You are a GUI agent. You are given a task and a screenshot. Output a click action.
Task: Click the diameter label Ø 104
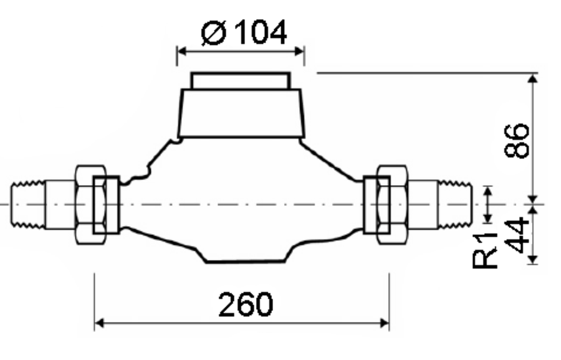click(x=244, y=32)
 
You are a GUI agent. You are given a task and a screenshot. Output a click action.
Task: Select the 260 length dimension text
click(x=246, y=305)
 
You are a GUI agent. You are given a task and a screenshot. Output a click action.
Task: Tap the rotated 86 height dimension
click(x=516, y=141)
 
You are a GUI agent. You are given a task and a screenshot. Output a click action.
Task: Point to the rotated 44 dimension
click(x=516, y=235)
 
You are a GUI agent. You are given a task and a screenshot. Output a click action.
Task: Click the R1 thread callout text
click(x=485, y=250)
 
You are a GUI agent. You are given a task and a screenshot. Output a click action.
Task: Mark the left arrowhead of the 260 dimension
click(x=99, y=323)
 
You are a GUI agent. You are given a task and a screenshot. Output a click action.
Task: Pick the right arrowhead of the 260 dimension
click(x=384, y=323)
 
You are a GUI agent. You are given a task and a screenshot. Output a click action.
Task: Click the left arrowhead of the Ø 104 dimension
click(x=182, y=51)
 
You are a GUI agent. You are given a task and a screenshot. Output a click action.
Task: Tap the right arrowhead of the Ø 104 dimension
click(x=299, y=51)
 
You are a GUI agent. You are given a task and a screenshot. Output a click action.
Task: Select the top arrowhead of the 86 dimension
click(x=533, y=78)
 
